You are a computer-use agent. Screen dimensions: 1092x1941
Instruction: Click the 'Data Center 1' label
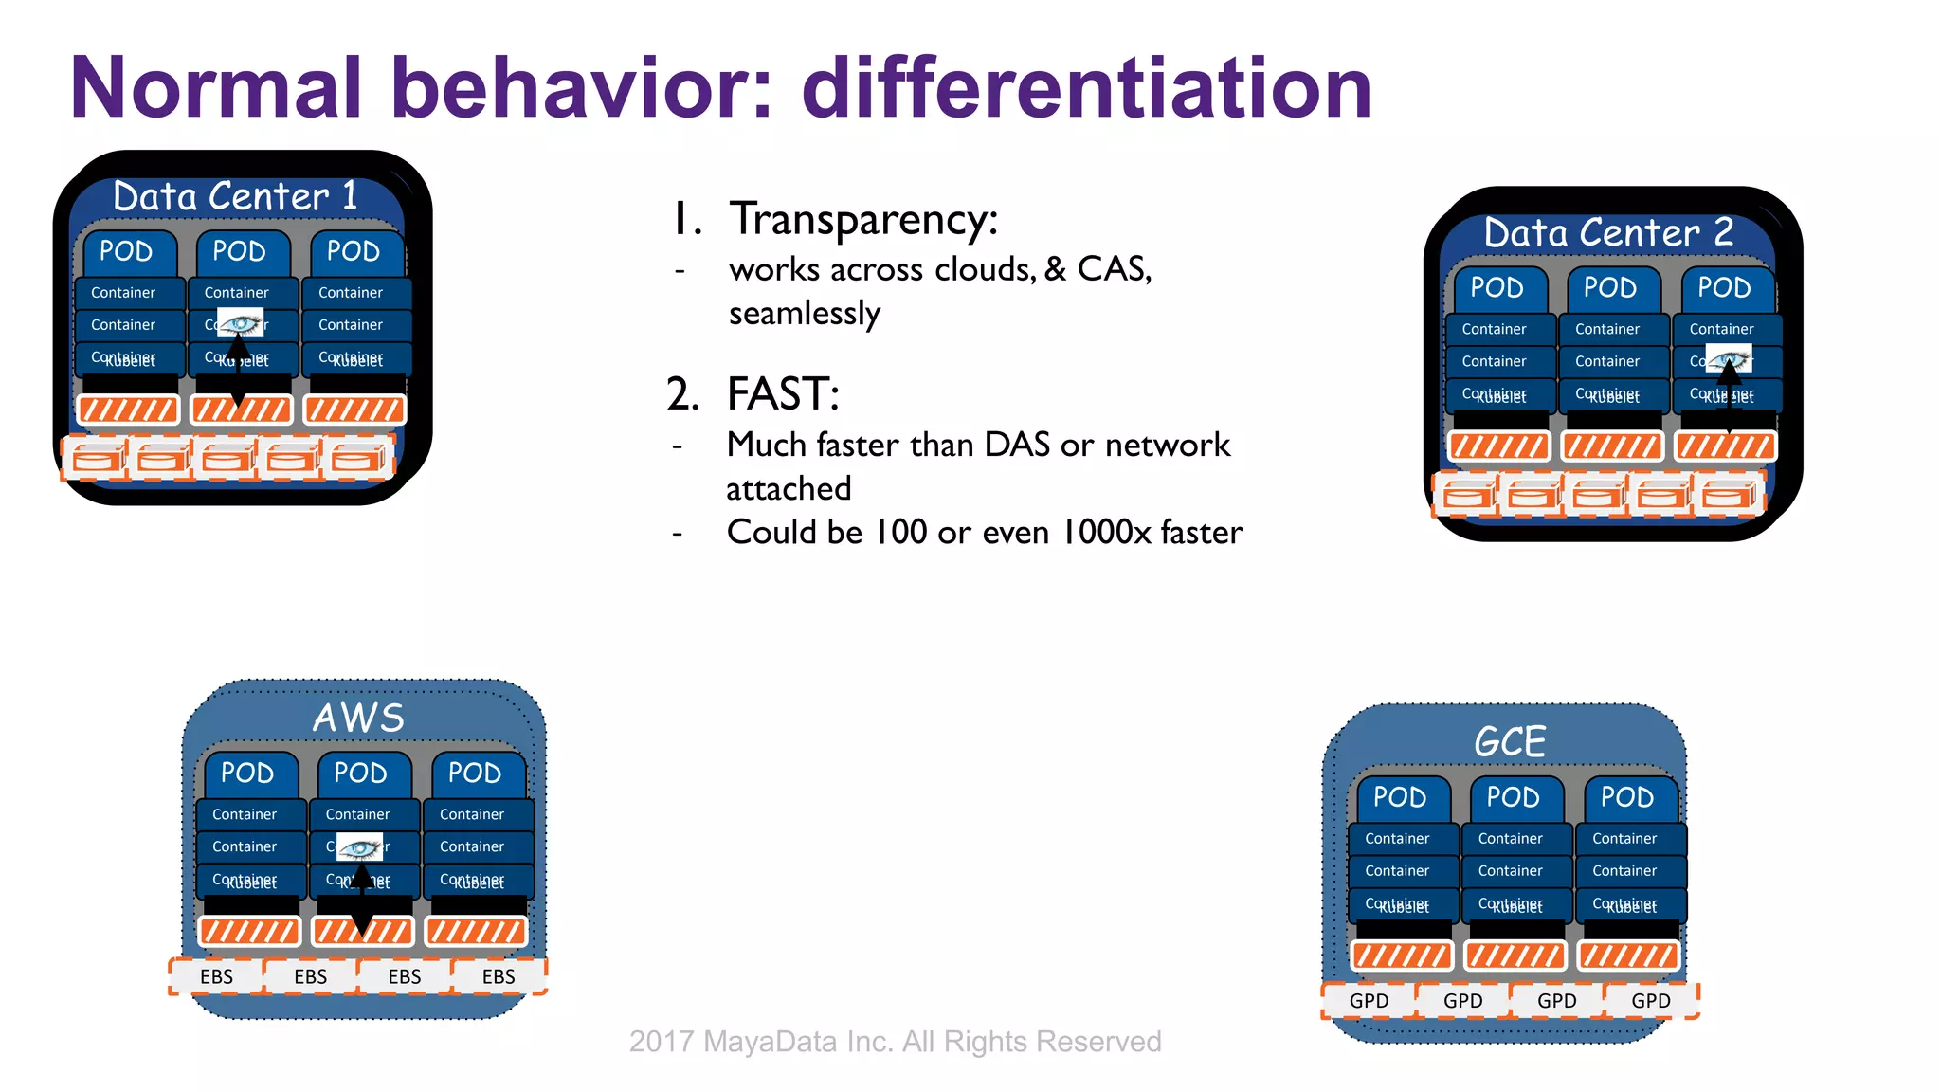click(235, 196)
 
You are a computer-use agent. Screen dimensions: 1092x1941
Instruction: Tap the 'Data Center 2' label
click(1608, 232)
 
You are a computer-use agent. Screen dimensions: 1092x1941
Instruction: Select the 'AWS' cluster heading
click(358, 718)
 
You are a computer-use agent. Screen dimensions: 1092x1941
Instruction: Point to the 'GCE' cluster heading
click(1510, 741)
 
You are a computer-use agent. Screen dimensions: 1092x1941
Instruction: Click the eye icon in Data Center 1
click(241, 323)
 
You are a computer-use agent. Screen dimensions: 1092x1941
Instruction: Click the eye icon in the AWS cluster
click(360, 846)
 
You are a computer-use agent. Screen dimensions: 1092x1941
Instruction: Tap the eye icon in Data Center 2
click(1729, 359)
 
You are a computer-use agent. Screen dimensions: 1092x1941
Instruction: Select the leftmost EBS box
click(216, 976)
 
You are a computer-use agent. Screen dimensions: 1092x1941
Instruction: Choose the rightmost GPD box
click(1650, 1001)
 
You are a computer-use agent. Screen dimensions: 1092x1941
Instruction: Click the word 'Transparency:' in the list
click(863, 219)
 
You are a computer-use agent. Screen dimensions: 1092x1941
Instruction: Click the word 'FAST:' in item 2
click(783, 393)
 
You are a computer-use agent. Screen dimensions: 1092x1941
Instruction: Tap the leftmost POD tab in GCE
click(1400, 797)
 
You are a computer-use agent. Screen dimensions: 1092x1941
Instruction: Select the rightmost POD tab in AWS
click(475, 773)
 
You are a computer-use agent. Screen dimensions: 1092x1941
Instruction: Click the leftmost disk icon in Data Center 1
click(96, 460)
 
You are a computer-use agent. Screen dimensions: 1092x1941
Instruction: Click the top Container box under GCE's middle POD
click(1511, 839)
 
